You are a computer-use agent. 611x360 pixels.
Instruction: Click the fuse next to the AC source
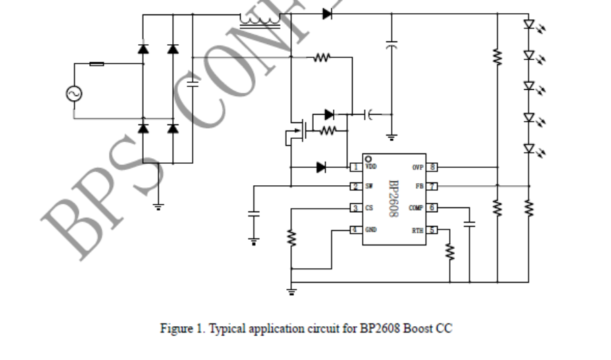click(97, 64)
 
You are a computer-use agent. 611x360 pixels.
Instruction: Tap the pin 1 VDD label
click(370, 167)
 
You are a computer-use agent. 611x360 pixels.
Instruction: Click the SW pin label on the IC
click(369, 187)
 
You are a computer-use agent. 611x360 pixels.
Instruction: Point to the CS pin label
click(369, 208)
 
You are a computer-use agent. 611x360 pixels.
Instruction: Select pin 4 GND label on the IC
click(371, 229)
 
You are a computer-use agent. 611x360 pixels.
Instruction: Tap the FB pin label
click(418, 187)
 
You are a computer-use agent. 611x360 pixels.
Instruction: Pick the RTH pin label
click(417, 229)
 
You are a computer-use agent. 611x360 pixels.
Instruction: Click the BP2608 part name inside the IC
click(393, 199)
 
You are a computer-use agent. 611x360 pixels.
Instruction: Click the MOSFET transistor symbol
click(297, 131)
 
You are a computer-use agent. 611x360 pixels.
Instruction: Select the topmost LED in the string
click(529, 24)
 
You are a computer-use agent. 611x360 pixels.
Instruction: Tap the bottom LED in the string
click(529, 148)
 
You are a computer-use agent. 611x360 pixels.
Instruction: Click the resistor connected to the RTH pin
click(450, 252)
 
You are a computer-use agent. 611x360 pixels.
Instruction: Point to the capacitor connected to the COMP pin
click(469, 223)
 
